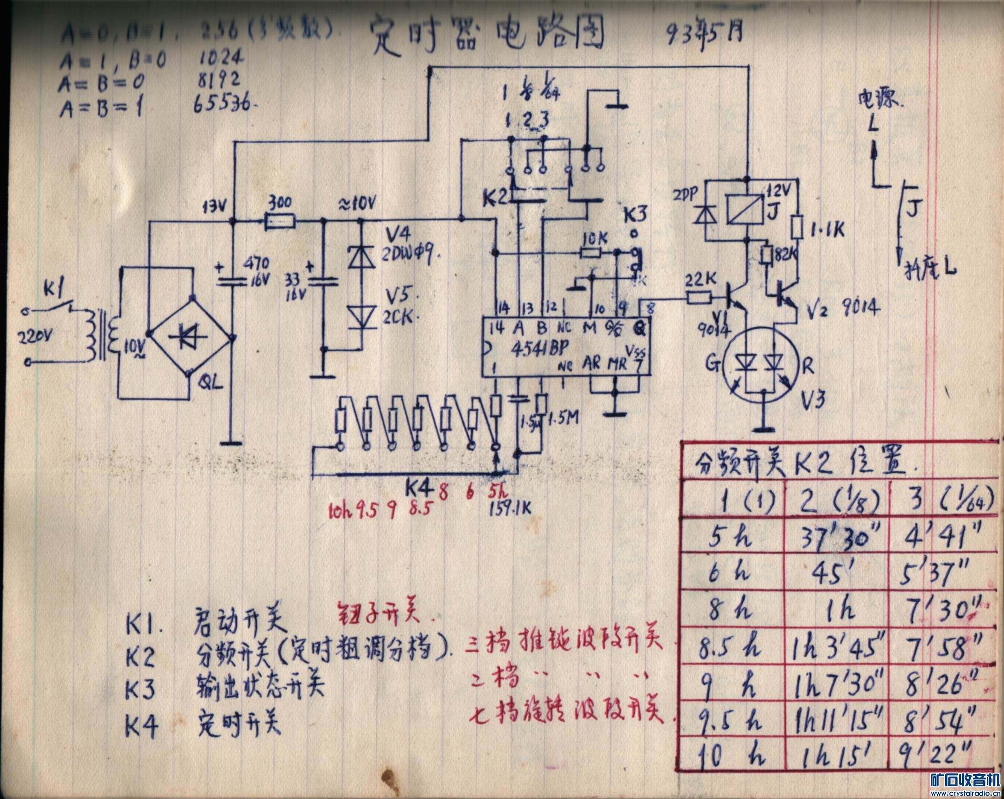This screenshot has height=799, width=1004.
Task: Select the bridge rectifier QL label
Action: [210, 383]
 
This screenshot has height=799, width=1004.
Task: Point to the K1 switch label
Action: [55, 290]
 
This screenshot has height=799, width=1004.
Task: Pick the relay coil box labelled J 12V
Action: [745, 209]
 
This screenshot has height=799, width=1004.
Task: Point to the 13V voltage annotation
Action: [215, 206]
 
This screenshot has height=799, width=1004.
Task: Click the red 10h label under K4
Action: [340, 511]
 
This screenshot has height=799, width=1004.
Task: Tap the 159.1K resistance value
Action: [510, 509]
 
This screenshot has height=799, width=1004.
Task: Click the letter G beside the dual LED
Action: [712, 364]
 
